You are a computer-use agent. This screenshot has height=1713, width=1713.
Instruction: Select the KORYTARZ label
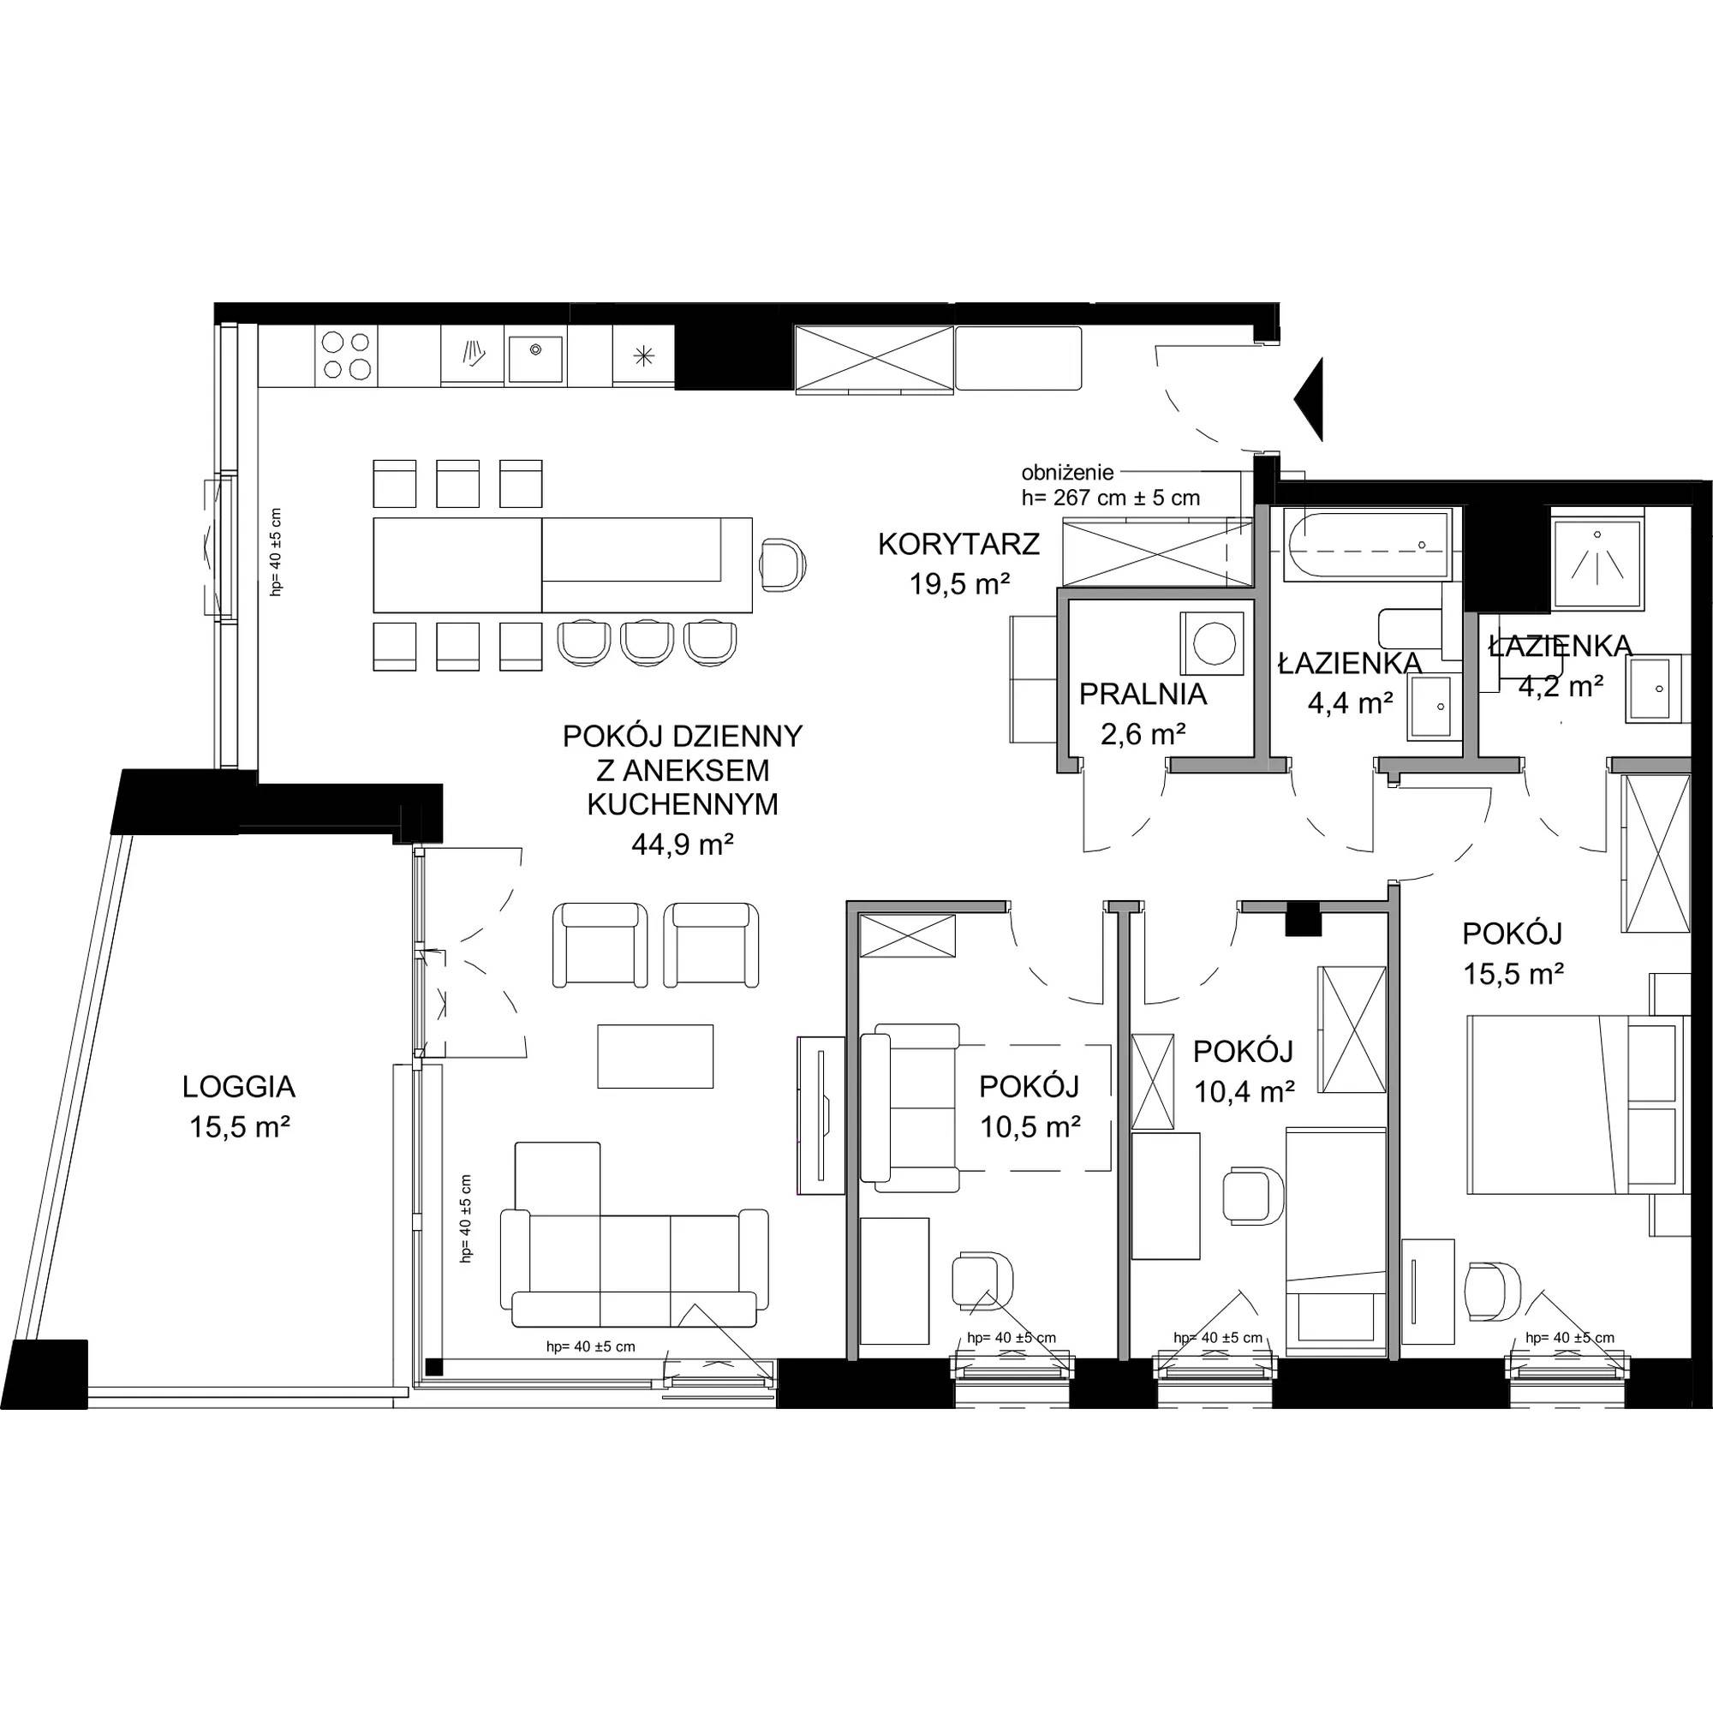(958, 544)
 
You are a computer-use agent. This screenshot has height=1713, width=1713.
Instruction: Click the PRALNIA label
(1143, 694)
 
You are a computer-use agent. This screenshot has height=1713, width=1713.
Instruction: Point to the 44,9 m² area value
(682, 845)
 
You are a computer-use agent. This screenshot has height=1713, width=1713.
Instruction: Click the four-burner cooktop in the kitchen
(346, 355)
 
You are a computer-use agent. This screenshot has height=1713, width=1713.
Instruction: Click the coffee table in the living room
(655, 1056)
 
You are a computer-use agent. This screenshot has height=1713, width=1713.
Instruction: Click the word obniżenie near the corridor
(1067, 473)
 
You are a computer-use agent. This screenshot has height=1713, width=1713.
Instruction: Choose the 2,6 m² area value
(1143, 733)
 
